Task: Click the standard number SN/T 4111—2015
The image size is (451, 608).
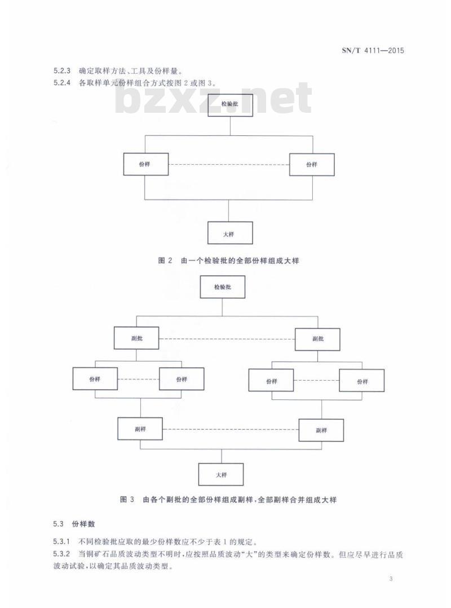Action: (373, 51)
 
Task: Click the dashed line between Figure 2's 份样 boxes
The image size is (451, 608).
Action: (228, 165)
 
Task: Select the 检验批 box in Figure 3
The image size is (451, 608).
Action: (223, 287)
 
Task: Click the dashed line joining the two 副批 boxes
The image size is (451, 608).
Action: (228, 338)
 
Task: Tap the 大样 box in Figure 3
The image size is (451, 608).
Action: (221, 474)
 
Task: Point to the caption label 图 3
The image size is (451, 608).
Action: (127, 500)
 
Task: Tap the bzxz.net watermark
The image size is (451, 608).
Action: (214, 100)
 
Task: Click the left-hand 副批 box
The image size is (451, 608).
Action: (136, 338)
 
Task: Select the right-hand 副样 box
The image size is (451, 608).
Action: (321, 430)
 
